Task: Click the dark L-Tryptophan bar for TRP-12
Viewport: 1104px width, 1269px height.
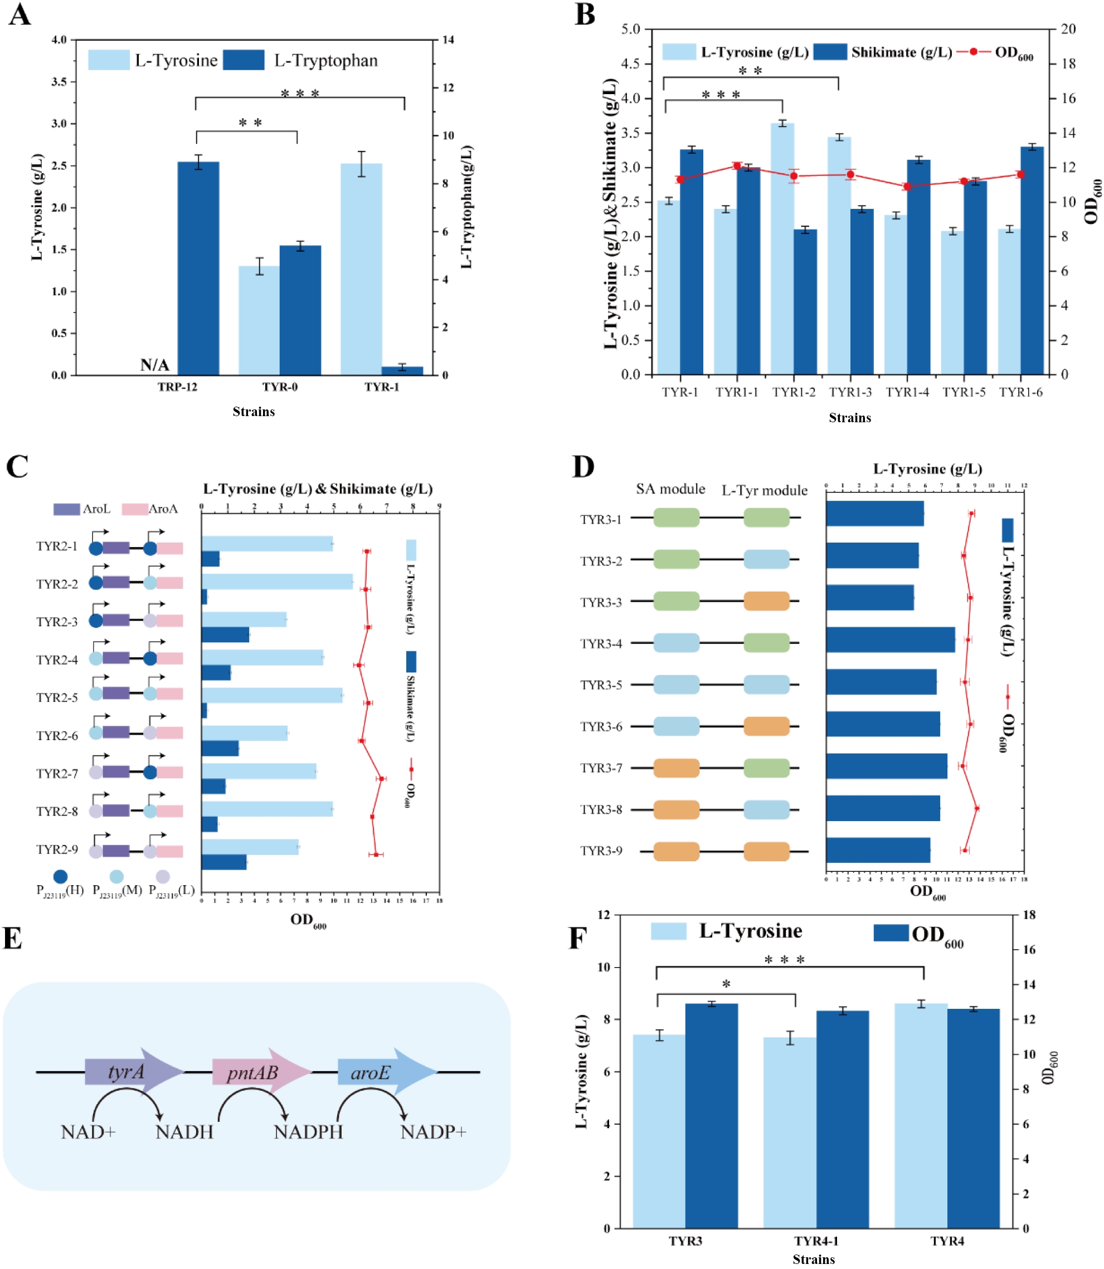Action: click(x=198, y=268)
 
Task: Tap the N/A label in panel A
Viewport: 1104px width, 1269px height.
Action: click(x=154, y=365)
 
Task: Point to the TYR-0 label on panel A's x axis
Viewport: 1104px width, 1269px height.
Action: click(x=280, y=387)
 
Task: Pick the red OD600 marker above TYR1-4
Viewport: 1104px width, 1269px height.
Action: click(x=907, y=186)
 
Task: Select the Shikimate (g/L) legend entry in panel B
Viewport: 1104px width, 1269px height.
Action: click(x=882, y=52)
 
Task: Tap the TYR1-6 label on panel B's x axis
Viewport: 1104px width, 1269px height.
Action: click(x=1021, y=392)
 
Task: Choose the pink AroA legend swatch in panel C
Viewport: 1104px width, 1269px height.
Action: click(x=134, y=509)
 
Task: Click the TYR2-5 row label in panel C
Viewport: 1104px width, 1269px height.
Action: click(x=57, y=697)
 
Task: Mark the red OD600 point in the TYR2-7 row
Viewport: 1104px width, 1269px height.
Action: click(x=382, y=779)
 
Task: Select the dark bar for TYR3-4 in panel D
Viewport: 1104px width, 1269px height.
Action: click(x=890, y=640)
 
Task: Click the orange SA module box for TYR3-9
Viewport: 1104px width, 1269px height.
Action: click(x=677, y=852)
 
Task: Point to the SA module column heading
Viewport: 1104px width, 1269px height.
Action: click(x=670, y=489)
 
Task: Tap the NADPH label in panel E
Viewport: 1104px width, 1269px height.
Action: click(x=308, y=1132)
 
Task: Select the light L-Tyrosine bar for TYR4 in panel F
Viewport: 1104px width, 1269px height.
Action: click(x=921, y=1115)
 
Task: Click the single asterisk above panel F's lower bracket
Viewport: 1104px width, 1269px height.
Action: click(x=726, y=984)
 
